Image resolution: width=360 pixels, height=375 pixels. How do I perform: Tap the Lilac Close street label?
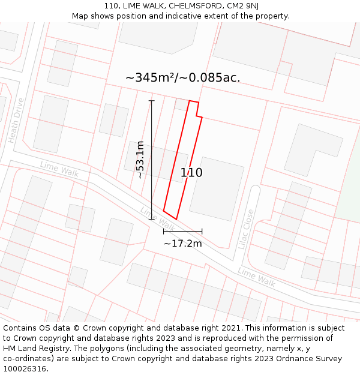click(x=246, y=229)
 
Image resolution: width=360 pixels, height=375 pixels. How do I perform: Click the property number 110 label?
click(x=191, y=173)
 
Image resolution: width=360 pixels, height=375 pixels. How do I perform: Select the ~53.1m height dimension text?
click(x=140, y=160)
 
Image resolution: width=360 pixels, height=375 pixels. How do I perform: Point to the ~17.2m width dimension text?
click(x=183, y=243)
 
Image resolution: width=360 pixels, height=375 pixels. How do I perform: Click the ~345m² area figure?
click(x=149, y=78)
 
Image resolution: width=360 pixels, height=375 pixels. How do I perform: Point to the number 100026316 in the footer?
click(x=25, y=369)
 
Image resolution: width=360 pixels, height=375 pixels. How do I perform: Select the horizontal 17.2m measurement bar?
click(x=183, y=230)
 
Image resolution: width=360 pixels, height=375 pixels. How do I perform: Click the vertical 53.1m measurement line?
click(x=152, y=160)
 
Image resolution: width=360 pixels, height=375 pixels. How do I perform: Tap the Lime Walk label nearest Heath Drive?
click(x=59, y=169)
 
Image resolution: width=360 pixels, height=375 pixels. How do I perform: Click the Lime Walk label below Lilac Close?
click(x=256, y=277)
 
